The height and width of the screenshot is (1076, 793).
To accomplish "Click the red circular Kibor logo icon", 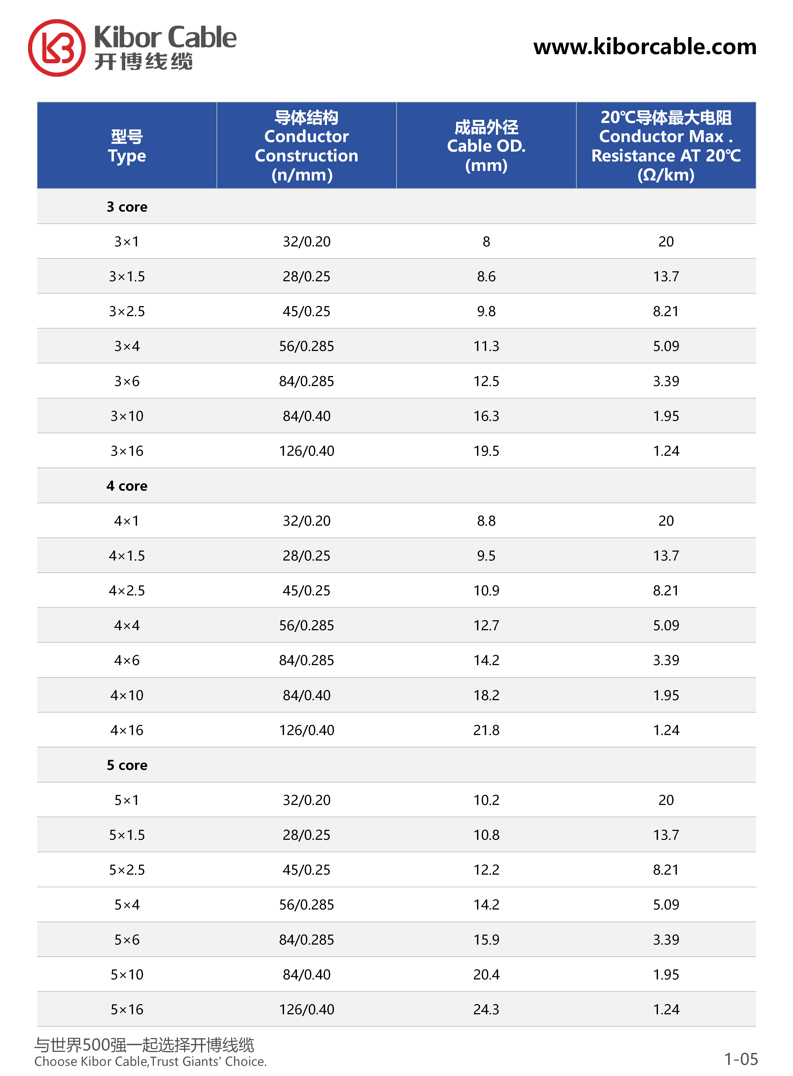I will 57,48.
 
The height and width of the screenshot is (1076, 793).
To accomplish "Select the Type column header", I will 127,146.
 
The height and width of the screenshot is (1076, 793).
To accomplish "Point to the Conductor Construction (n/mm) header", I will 306,146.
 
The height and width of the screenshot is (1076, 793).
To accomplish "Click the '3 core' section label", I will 127,207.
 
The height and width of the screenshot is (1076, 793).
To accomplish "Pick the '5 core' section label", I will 127,765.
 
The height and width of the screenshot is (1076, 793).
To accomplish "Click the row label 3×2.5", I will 127,311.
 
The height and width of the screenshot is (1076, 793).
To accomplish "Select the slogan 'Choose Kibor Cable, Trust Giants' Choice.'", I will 150,1061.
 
